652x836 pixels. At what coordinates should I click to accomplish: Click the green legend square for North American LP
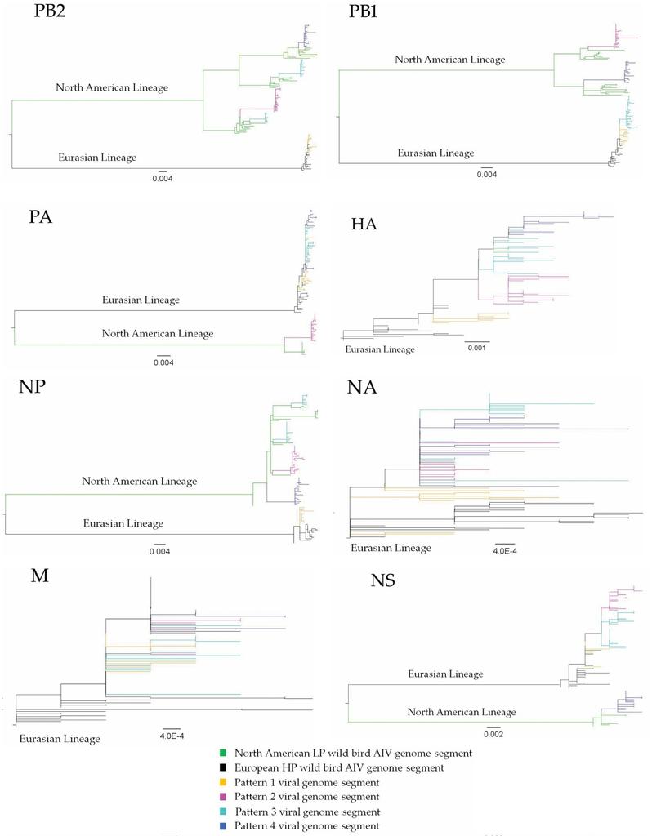pyautogui.click(x=222, y=754)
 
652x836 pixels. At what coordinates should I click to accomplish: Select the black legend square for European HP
pyautogui.click(x=222, y=767)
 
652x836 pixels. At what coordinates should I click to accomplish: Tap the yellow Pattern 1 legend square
pyautogui.click(x=222, y=782)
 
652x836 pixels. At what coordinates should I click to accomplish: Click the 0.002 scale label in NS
pyautogui.click(x=493, y=734)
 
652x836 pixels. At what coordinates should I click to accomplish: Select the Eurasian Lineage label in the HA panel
pyautogui.click(x=381, y=349)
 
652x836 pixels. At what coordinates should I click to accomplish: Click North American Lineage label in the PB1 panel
pyautogui.click(x=450, y=60)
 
